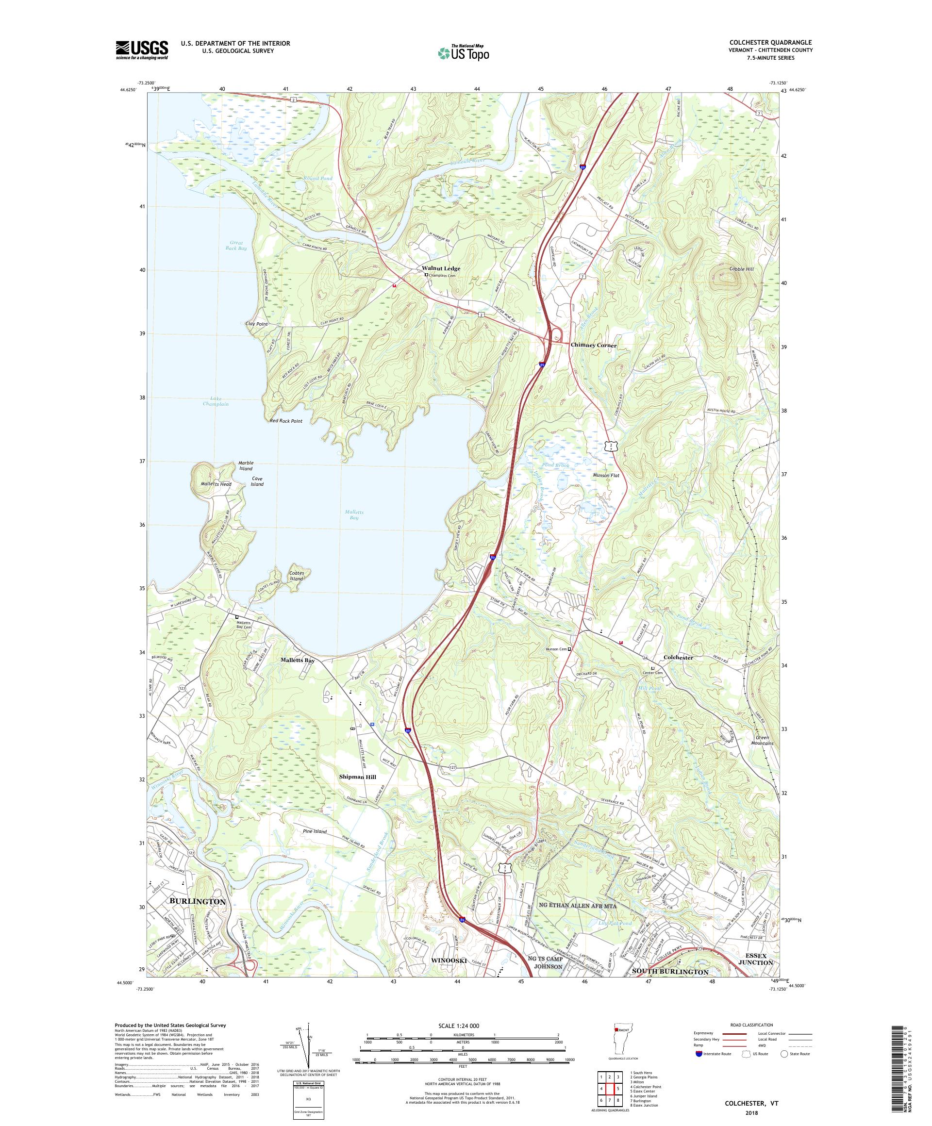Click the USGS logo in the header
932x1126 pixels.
[142, 50]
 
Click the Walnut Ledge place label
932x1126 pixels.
[440, 268]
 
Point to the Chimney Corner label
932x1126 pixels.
[593, 346]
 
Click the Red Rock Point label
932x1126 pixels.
[286, 421]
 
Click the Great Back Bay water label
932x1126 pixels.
[235, 246]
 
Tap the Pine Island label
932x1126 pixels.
[314, 831]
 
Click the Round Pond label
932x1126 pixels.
[317, 179]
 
